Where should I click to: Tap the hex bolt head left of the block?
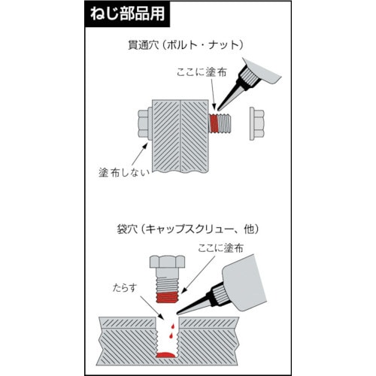point(144,123)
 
